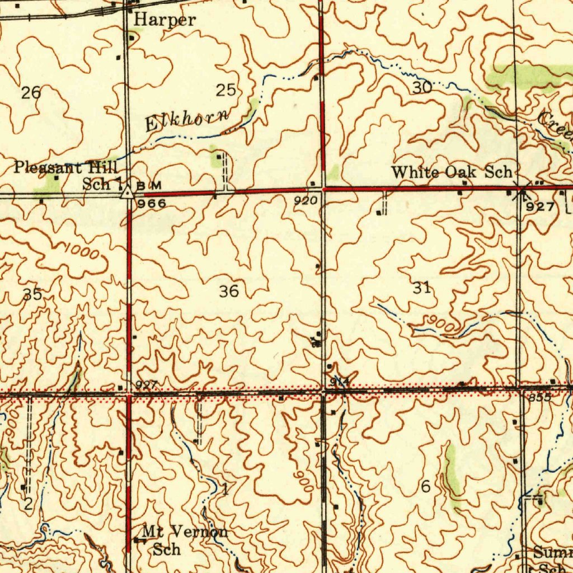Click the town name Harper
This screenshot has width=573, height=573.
click(165, 20)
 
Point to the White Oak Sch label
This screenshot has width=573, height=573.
click(451, 172)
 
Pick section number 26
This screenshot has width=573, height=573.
click(31, 93)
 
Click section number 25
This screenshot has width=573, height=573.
click(227, 90)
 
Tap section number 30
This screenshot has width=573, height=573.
click(422, 87)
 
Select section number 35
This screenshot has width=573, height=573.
click(32, 294)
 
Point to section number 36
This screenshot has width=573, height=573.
click(229, 291)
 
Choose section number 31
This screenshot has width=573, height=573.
click(422, 288)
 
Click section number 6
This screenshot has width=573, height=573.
click(425, 487)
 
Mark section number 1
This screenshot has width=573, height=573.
click(224, 490)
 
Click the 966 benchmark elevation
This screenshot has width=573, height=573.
click(152, 204)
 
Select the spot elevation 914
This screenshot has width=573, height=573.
click(340, 382)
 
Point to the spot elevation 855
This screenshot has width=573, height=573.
click(539, 397)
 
